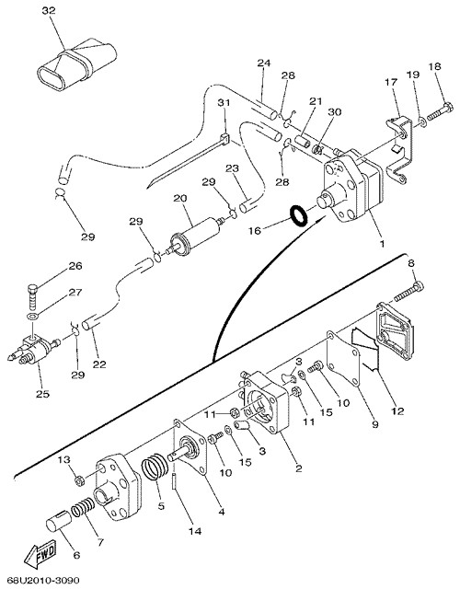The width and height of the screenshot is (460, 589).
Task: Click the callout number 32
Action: [x=49, y=10]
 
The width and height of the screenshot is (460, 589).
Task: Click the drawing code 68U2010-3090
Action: [x=43, y=581]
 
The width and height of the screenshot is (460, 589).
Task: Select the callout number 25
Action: [x=42, y=394]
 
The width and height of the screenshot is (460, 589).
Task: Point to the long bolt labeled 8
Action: [x=408, y=292]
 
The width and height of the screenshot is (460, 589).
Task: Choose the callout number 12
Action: [x=397, y=411]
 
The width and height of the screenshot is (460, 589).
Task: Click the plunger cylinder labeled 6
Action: [x=58, y=521]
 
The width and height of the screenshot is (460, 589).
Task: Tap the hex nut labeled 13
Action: [x=79, y=479]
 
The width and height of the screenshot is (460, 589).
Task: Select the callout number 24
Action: [x=264, y=64]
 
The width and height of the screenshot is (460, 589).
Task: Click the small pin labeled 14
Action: [x=174, y=481]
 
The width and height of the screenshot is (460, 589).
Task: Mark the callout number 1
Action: [x=382, y=244]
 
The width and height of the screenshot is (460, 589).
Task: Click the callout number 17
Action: [x=391, y=81]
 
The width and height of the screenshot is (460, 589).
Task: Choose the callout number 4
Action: [x=222, y=512]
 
